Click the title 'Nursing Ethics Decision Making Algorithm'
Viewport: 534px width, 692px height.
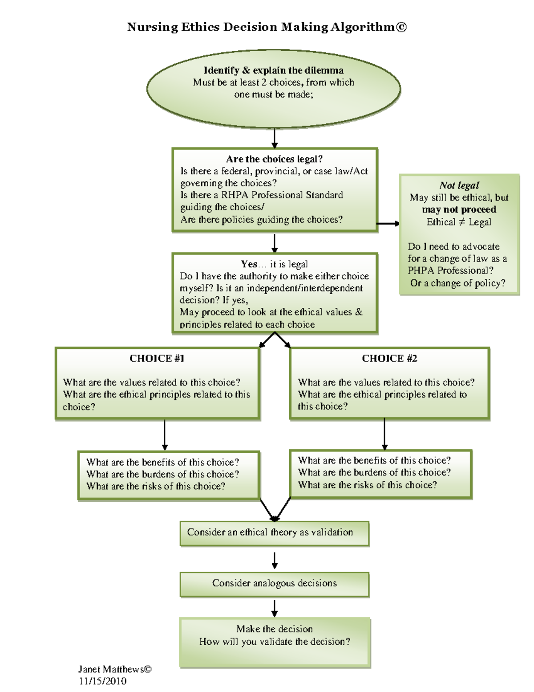click(x=267, y=27)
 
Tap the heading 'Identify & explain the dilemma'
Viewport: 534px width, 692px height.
click(x=273, y=70)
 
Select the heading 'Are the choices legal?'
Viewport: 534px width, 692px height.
click(x=274, y=159)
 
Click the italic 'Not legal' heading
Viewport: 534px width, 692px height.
click(x=459, y=185)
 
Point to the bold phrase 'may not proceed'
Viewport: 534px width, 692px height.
click(x=459, y=209)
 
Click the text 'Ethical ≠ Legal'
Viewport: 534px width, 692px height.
click(x=459, y=222)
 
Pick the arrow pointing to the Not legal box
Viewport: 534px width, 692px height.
click(x=388, y=224)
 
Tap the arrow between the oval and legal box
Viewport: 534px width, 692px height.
click(x=275, y=138)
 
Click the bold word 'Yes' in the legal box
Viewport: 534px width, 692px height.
click(x=249, y=264)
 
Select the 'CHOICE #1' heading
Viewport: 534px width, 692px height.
click(x=157, y=359)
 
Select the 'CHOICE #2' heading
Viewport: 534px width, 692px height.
click(x=389, y=359)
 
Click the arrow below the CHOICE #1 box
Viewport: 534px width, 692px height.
click(x=165, y=435)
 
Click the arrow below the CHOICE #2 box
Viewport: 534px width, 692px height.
click(x=384, y=434)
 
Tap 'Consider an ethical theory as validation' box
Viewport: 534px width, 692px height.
click(x=275, y=533)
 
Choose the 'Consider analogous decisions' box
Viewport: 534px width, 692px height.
click(x=275, y=584)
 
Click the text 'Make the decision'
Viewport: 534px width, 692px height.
click(x=275, y=629)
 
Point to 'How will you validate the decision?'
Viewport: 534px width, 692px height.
click(x=275, y=642)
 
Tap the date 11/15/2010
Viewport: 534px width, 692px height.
click(x=103, y=681)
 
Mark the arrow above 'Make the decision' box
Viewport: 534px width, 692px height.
click(x=275, y=608)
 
